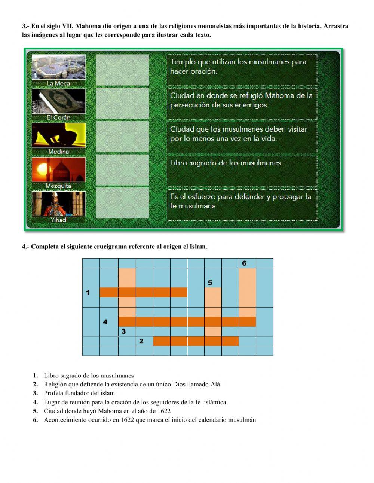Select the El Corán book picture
pos(59,101)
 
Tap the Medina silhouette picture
pos(59,135)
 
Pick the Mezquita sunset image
pos(59,169)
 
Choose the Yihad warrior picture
pos(59,204)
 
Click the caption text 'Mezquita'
pos(58,186)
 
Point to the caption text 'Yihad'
pos(58,220)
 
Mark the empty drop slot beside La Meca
pos(122,70)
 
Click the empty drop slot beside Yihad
pos(122,203)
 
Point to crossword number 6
pos(244,263)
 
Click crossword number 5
pos(210,283)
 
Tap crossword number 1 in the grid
pos(88,293)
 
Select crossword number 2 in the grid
pos(141,341)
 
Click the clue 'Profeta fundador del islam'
pos(79,393)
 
